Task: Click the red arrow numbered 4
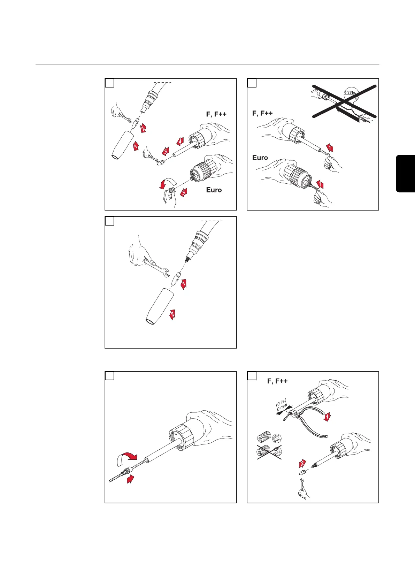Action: click(x=179, y=142)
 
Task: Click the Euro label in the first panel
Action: click(x=214, y=190)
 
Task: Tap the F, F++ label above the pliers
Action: click(x=277, y=381)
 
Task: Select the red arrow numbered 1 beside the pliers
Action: click(x=327, y=416)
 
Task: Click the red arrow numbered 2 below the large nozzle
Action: click(x=172, y=314)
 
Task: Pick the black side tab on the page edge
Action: click(x=405, y=173)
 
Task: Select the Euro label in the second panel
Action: click(x=260, y=158)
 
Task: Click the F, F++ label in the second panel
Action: click(x=262, y=113)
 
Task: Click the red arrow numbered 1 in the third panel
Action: click(x=184, y=284)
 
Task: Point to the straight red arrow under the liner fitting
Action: click(x=131, y=480)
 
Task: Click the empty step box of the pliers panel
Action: click(x=252, y=376)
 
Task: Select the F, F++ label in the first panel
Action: click(x=216, y=114)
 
